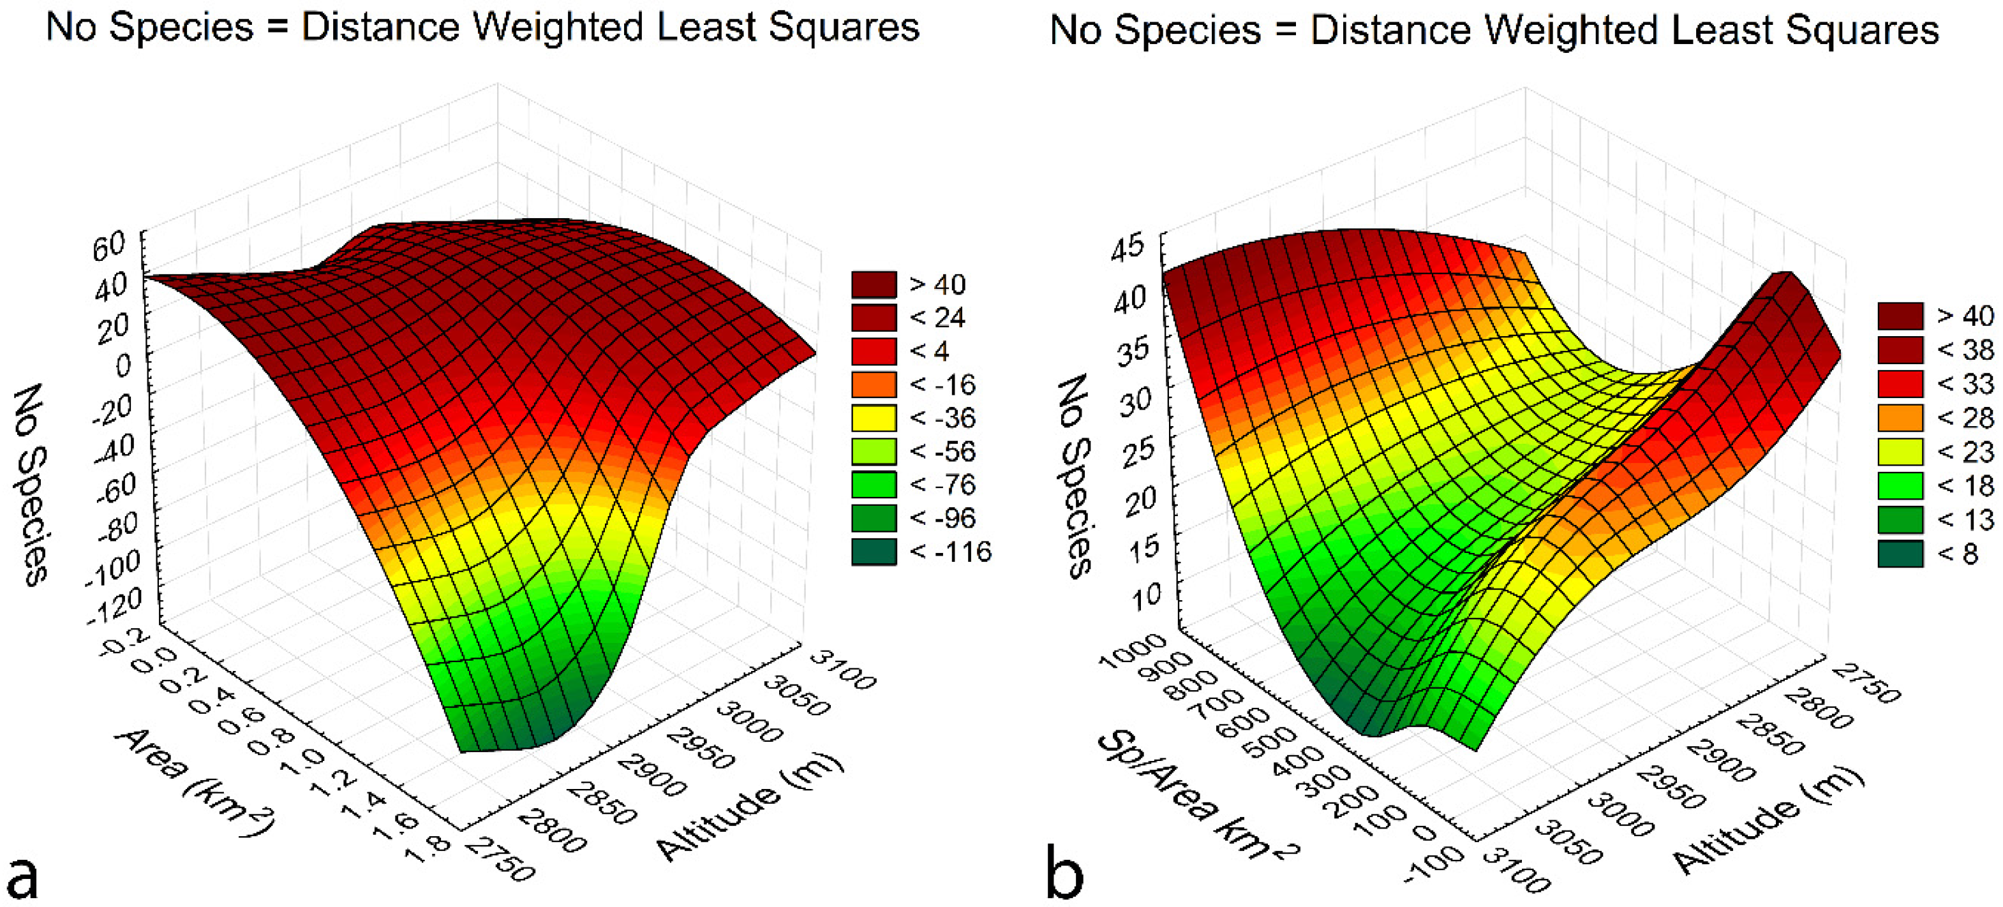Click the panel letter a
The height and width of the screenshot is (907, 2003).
point(24,876)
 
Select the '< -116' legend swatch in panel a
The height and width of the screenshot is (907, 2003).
point(874,552)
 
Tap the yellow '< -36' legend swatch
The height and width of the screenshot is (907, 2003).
point(874,418)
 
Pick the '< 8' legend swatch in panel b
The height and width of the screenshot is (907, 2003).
point(1900,554)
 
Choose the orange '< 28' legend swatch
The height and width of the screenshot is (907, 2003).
point(1900,418)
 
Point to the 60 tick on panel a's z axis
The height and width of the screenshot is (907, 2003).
point(109,246)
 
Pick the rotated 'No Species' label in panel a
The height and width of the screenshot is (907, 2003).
point(31,483)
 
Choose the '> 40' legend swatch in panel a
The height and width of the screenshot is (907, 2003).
point(874,284)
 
